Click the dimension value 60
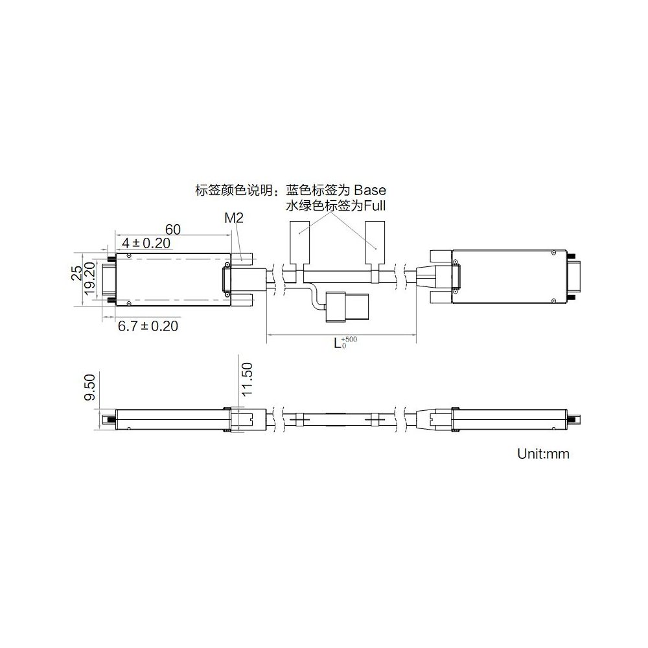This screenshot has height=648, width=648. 172,229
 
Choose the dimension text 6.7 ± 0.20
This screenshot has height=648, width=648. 148,326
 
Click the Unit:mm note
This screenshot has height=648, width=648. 543,454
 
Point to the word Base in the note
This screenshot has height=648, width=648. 369,191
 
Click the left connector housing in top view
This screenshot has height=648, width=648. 172,278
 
